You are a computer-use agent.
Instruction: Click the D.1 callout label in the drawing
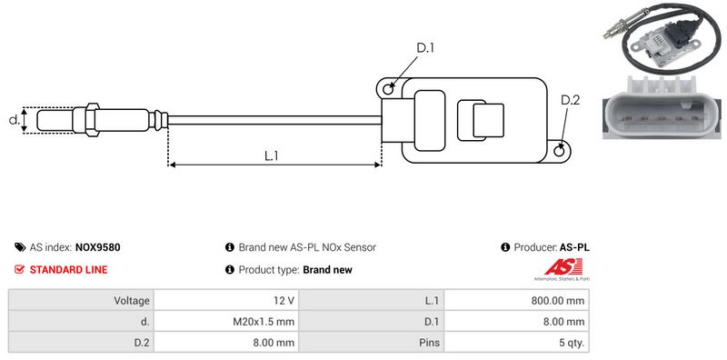[425, 48]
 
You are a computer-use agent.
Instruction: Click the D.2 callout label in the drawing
[571, 100]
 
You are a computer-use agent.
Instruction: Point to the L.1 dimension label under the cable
[271, 155]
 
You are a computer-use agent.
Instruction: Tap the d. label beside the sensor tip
[15, 120]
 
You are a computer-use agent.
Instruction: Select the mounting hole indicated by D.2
[560, 150]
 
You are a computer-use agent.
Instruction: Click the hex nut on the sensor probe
[92, 120]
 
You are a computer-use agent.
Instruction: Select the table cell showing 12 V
[226, 301]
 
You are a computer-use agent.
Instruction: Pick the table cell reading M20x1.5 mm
[226, 322]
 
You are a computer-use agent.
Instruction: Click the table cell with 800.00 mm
[516, 301]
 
